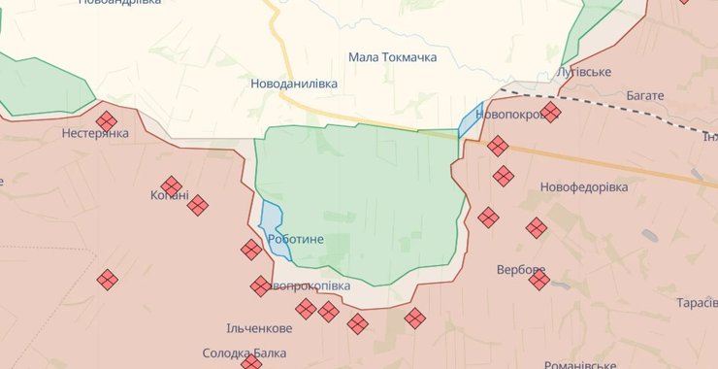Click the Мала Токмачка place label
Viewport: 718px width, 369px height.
[392, 57]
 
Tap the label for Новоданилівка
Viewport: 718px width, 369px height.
[294, 84]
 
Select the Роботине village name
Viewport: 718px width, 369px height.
[295, 239]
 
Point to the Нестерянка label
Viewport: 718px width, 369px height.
[95, 133]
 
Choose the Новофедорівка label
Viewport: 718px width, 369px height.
[584, 186]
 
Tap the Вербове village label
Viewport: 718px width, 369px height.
[520, 269]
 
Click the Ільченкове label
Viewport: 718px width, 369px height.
[259, 328]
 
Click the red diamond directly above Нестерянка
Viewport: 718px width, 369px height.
[107, 120]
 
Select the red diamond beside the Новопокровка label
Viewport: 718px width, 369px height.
[550, 113]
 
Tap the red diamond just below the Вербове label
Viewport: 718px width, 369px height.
[539, 281]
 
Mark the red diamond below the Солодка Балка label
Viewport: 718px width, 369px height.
[251, 363]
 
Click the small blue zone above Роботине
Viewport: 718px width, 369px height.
[271, 218]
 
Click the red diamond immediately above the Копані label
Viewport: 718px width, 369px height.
[172, 185]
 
